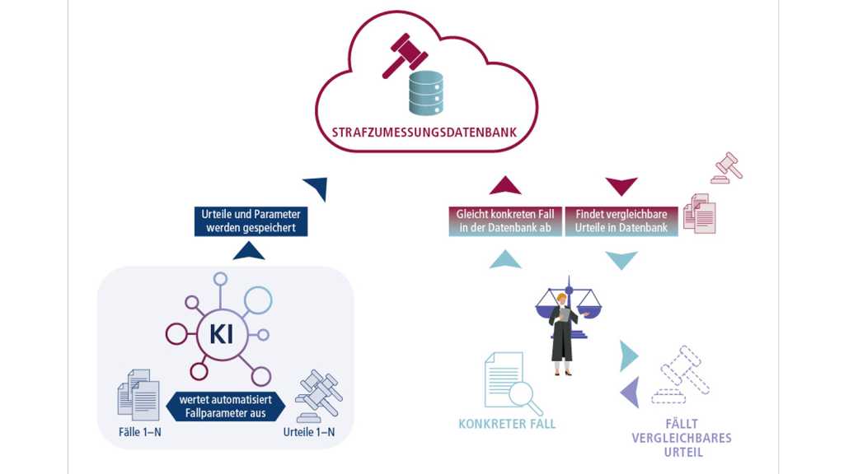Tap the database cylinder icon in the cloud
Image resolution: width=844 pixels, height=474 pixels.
(425, 92)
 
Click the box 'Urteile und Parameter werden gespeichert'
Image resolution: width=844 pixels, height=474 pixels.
(251, 221)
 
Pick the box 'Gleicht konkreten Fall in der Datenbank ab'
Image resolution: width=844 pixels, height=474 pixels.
(505, 221)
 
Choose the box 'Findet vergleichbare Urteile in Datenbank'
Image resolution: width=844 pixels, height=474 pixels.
(621, 221)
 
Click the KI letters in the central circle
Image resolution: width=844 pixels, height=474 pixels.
(221, 333)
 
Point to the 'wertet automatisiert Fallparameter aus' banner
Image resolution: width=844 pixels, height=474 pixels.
(226, 406)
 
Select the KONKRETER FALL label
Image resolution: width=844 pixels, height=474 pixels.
(507, 425)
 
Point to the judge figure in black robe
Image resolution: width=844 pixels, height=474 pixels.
(563, 333)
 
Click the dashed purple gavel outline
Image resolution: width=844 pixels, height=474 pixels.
(680, 374)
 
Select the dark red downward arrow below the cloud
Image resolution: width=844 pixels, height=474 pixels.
(621, 185)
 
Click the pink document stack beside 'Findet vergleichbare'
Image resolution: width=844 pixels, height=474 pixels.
(700, 213)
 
